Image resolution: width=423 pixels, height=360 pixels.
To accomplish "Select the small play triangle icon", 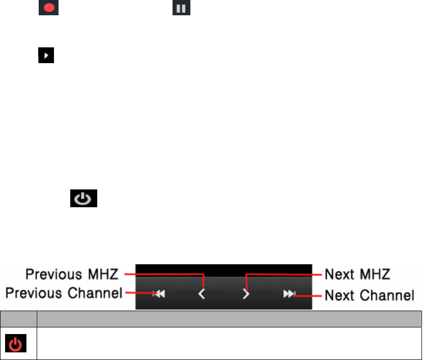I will coord(46,56).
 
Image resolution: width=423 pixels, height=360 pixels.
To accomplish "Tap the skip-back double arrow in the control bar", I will coord(159,294).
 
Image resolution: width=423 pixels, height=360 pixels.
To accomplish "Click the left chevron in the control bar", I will coord(202,294).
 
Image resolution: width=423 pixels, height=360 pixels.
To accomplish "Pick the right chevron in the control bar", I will coord(246,294).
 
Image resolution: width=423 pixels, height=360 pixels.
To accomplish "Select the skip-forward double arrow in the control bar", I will coord(289,294).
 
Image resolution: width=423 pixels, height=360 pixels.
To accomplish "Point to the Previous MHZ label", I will coord(72,274).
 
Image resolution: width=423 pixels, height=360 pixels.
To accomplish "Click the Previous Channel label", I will coord(64,294).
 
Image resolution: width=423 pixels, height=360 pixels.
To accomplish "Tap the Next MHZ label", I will coord(357,274).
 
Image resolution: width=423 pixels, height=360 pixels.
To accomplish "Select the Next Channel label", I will coord(369,294).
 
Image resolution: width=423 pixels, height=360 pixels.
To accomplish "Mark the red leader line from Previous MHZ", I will coord(163,274).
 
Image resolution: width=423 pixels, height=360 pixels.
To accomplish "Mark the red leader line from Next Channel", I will coord(308,294).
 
